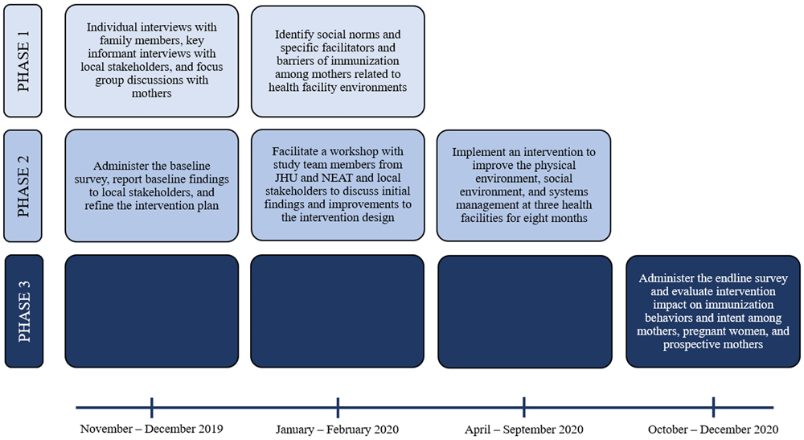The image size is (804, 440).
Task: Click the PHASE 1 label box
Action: pos(23,61)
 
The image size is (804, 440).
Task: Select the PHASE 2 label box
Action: pos(23,186)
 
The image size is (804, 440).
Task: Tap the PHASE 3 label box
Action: pos(24,311)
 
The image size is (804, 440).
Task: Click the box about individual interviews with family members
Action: pos(152,61)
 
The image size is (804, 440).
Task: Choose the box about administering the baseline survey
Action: pos(152,186)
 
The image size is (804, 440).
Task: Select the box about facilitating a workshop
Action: pos(338,185)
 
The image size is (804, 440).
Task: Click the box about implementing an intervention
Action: pos(523,186)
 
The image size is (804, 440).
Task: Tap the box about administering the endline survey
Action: pos(713,311)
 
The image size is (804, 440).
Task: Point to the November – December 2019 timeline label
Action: pos(152,429)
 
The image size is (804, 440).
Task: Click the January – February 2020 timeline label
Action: pos(338,430)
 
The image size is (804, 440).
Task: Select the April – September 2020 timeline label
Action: pos(524,430)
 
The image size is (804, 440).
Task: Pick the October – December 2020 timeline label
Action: pos(713,430)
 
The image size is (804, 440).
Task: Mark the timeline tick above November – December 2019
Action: pos(152,408)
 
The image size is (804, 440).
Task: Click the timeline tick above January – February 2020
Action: pos(338,408)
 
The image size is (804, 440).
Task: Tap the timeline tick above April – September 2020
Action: pos(524,408)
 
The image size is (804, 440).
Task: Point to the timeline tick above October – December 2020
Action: pos(713,408)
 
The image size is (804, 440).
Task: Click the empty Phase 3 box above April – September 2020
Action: pos(525,312)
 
